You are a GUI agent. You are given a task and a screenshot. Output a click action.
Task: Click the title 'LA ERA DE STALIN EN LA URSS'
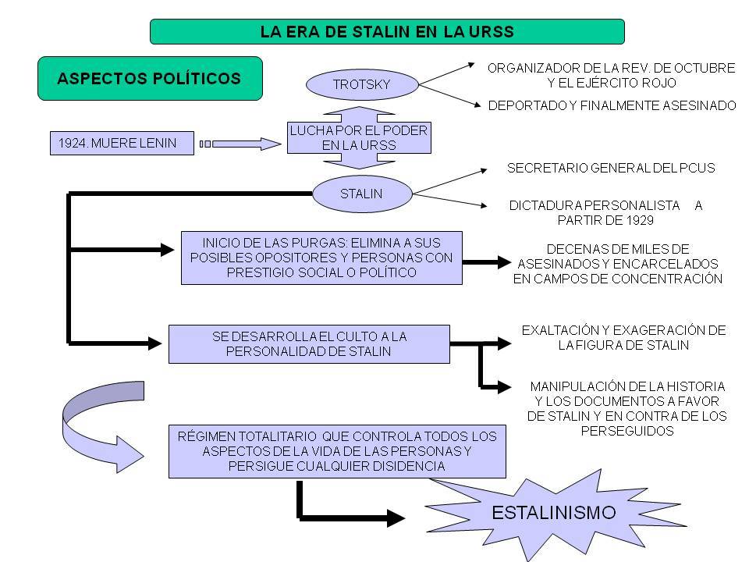[x=386, y=31]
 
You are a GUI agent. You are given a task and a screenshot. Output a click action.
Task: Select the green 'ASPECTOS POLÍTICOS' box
[x=149, y=78]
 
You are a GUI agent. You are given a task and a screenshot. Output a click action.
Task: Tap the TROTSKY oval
[x=361, y=84]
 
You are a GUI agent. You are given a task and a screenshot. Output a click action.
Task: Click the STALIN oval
[x=361, y=194]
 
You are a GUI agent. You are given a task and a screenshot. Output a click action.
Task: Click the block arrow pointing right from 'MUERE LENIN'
[x=242, y=144]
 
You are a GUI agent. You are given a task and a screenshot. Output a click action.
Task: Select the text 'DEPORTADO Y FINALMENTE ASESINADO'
[x=612, y=105]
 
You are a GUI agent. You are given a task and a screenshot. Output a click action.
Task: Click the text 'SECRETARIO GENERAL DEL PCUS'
[x=611, y=168]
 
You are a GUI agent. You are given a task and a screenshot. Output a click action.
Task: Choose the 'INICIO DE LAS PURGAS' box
[x=321, y=257]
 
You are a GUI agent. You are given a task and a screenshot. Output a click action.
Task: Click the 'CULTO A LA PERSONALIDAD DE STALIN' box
[x=309, y=344]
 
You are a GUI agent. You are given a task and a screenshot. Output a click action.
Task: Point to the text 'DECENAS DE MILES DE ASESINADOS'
[x=617, y=264]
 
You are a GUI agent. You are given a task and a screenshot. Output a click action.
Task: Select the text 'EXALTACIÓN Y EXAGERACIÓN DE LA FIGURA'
[x=623, y=337]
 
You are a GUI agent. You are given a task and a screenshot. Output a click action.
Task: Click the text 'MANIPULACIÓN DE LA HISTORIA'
[x=627, y=386]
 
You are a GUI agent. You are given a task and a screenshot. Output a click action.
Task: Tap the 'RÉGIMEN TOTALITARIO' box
[x=337, y=451]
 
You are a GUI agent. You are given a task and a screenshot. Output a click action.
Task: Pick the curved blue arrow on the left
[x=90, y=425]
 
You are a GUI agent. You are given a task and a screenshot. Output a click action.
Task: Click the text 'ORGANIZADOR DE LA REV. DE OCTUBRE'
[x=611, y=69]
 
